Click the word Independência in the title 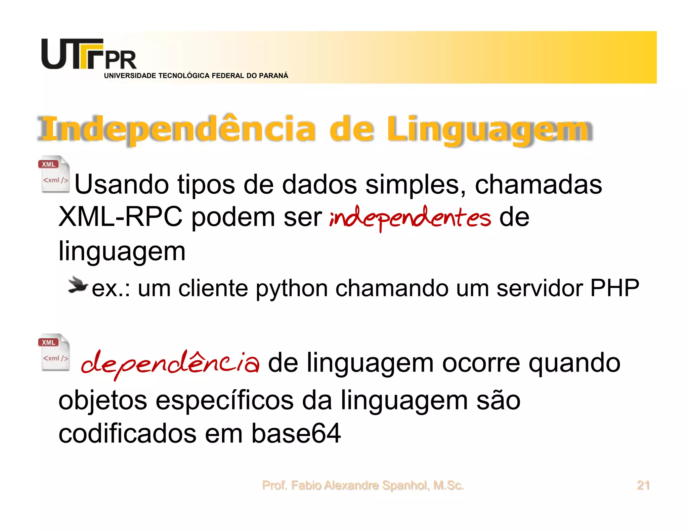(x=177, y=130)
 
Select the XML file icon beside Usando (x=54, y=174)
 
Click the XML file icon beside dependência (x=54, y=352)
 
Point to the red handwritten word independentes (x=410, y=218)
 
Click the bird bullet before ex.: (x=77, y=286)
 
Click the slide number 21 (x=643, y=485)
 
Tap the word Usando (x=122, y=184)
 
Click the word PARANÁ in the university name (x=273, y=76)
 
